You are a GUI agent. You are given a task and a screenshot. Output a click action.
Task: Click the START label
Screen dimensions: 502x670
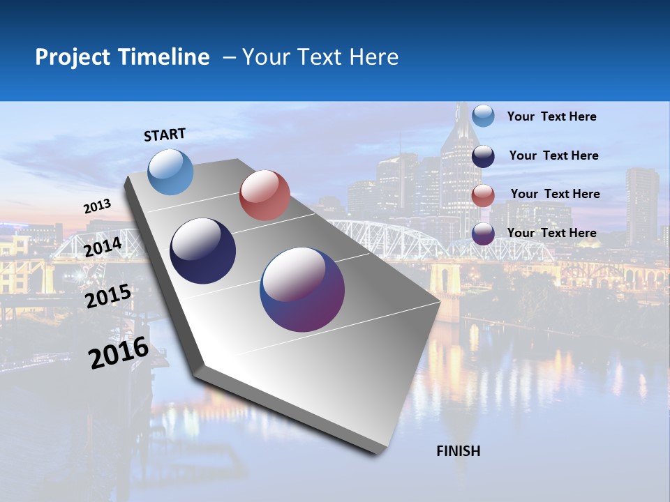pos(165,135)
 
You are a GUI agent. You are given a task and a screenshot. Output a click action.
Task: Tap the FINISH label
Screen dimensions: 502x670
pos(458,451)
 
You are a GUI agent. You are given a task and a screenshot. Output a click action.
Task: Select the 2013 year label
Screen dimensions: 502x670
pos(97,206)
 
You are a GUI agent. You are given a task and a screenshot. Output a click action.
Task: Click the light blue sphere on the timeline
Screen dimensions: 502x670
pos(171,172)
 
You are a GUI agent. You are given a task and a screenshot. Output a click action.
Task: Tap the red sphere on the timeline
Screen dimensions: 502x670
pos(265,195)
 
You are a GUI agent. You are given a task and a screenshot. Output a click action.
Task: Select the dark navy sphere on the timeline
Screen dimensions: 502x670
pos(203,251)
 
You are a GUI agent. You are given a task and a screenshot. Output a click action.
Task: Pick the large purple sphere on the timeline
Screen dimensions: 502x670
pos(302,289)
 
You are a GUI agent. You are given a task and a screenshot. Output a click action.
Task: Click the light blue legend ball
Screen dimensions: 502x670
pos(483,116)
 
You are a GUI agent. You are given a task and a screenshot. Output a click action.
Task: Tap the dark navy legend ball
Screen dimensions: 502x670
pos(483,155)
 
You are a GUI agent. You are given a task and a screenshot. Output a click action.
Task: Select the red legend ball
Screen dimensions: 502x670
pos(483,195)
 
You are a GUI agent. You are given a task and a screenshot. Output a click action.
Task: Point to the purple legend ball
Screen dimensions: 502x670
pos(483,233)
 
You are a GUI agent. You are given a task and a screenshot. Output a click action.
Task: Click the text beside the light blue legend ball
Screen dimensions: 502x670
pos(551,116)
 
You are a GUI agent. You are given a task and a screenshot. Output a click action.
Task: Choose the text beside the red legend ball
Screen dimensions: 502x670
pos(555,194)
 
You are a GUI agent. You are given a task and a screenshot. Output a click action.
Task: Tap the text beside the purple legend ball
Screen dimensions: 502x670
pos(551,233)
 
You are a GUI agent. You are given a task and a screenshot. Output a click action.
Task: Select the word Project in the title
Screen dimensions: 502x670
pos(73,57)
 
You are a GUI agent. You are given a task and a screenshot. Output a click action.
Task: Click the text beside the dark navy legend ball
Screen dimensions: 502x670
pos(553,155)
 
